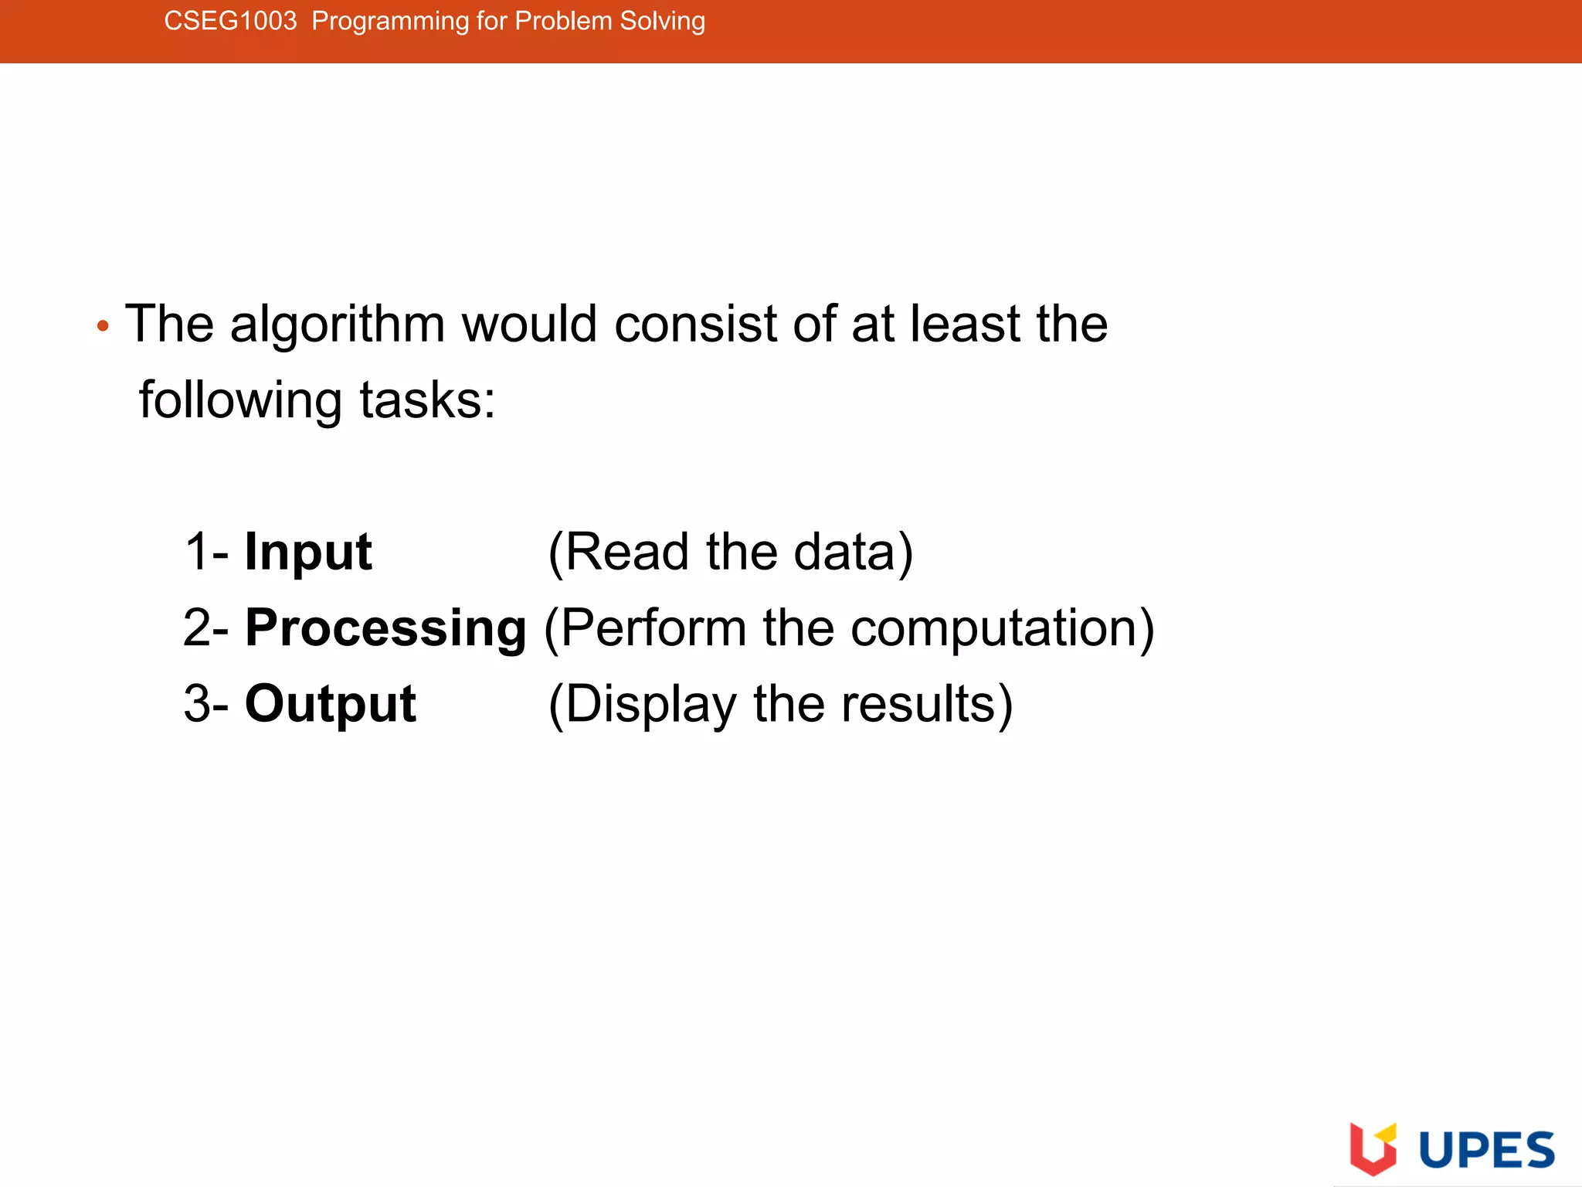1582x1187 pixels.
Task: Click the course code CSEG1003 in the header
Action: click(230, 21)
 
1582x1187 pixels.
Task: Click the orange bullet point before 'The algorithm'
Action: click(103, 326)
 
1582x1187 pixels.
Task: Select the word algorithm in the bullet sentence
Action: click(338, 324)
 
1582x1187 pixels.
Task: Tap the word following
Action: click(240, 401)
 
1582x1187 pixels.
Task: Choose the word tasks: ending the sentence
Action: click(427, 401)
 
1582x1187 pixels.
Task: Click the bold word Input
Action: click(308, 553)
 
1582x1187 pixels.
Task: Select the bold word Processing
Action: click(385, 628)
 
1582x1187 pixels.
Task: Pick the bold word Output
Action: click(331, 704)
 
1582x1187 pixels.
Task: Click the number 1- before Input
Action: click(206, 553)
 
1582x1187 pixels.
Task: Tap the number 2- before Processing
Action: click(206, 628)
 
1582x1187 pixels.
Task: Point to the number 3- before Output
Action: click(206, 704)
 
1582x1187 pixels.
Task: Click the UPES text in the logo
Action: click(1486, 1150)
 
